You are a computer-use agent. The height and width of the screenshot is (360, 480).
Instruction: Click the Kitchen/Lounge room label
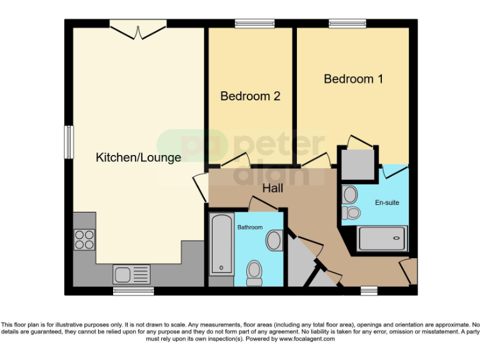pyautogui.click(x=138, y=157)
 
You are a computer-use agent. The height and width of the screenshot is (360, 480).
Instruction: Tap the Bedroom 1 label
pyautogui.click(x=353, y=79)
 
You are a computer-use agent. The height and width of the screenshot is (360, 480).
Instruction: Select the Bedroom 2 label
pyautogui.click(x=250, y=96)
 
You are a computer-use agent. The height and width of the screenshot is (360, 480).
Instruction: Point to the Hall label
pyautogui.click(x=273, y=187)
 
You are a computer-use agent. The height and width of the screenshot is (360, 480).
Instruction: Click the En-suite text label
pyautogui.click(x=387, y=202)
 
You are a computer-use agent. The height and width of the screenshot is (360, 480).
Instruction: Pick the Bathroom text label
pyautogui.click(x=250, y=227)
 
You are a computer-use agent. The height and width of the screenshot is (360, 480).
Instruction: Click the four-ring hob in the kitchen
pyautogui.click(x=84, y=239)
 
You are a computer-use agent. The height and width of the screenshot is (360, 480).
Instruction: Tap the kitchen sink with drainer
pyautogui.click(x=131, y=274)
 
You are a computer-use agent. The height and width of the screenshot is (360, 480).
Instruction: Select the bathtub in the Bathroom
pyautogui.click(x=221, y=244)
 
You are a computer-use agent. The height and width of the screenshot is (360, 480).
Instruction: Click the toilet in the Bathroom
pyautogui.click(x=254, y=271)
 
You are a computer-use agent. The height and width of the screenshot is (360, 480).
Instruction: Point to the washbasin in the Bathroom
pyautogui.click(x=274, y=239)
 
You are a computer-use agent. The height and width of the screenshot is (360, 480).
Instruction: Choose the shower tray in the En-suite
pyautogui.click(x=382, y=238)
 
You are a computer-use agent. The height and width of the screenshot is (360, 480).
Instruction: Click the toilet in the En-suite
pyautogui.click(x=352, y=213)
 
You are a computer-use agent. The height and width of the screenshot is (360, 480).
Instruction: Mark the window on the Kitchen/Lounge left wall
pyautogui.click(x=69, y=142)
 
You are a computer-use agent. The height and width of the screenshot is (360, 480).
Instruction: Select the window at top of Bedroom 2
pyautogui.click(x=250, y=24)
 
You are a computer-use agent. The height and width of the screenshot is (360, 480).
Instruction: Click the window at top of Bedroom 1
pyautogui.click(x=348, y=24)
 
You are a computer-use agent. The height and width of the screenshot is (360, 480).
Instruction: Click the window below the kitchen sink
pyautogui.click(x=133, y=291)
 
